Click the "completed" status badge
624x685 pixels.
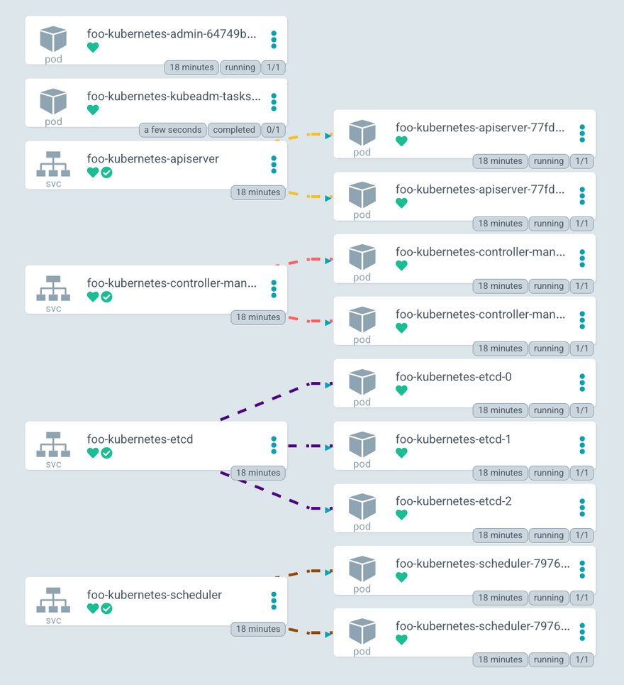(234, 130)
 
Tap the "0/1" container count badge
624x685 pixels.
(273, 130)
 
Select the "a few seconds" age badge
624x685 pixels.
(173, 130)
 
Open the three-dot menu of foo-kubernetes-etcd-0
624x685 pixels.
(582, 383)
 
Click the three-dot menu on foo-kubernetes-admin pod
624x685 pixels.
(274, 40)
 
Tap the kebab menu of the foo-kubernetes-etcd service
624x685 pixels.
(274, 445)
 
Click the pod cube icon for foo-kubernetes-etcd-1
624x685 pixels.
(362, 444)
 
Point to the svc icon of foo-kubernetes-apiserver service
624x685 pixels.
(53, 164)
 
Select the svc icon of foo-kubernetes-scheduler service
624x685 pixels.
(53, 601)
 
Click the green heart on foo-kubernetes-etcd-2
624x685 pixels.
(401, 515)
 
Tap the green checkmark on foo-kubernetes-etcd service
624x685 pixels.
(106, 453)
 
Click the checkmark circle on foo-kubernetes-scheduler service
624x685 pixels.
(106, 608)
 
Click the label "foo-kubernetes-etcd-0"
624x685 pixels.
(453, 377)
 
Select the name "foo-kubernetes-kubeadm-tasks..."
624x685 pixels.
(174, 96)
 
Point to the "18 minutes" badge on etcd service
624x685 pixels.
(258, 473)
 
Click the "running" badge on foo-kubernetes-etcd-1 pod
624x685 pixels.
(549, 473)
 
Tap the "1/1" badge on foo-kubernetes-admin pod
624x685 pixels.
(273, 67)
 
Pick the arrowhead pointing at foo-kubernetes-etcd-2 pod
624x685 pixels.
(329, 510)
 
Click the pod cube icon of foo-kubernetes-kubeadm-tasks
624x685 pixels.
(53, 102)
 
